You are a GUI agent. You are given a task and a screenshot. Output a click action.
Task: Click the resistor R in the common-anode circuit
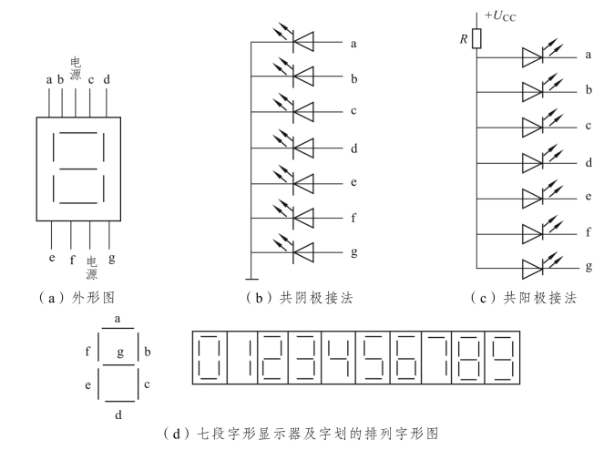coord(476,39)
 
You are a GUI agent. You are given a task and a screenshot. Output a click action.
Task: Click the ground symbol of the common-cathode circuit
coord(250,278)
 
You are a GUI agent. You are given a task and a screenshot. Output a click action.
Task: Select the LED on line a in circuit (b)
coord(292,42)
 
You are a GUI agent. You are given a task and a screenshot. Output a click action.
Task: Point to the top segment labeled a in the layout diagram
coord(117,330)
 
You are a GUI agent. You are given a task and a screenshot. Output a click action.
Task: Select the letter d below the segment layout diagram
coord(118,414)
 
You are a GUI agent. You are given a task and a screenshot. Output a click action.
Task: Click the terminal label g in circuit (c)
coord(589,267)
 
